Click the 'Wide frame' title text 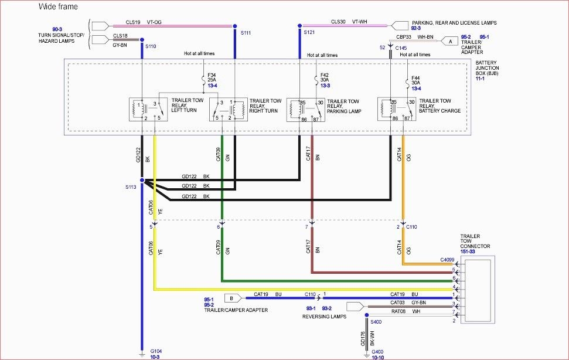click(x=57, y=6)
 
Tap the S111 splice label click(x=245, y=33)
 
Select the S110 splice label click(x=151, y=46)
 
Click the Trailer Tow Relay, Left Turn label click(x=188, y=105)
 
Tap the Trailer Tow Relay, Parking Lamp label click(x=343, y=106)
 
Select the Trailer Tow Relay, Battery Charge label click(x=439, y=106)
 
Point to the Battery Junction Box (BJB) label click(x=488, y=70)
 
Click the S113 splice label click(x=130, y=187)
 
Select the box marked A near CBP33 click(x=450, y=41)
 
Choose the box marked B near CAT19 click(x=231, y=297)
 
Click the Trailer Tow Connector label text click(x=476, y=242)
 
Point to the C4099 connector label click(x=447, y=260)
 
